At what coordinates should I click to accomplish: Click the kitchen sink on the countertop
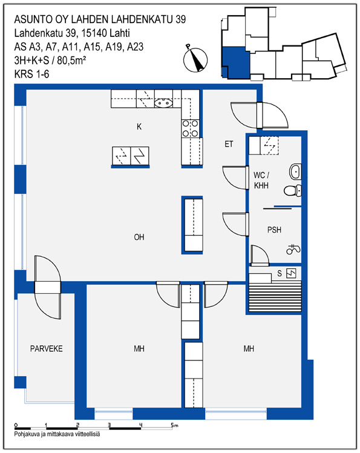pos(163,103)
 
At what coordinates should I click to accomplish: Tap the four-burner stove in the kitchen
pos(191,128)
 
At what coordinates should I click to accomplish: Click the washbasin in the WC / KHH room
pos(295,171)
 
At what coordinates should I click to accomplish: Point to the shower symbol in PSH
pos(293,250)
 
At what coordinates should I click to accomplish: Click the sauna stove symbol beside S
pos(291,273)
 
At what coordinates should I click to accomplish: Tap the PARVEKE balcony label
pos(47,349)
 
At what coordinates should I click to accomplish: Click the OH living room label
pos(139,237)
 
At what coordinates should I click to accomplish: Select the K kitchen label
pos(139,127)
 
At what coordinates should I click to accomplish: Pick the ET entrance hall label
pos(229,144)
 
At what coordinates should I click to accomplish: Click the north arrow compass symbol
pos(195,58)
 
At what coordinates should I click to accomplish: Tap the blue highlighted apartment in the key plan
pos(235,62)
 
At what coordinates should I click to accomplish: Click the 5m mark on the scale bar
pos(174,425)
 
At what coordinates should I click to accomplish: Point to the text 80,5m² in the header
pos(71,61)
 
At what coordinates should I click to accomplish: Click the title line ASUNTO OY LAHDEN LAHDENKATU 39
pos(100,19)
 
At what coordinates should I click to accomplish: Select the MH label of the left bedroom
pos(139,349)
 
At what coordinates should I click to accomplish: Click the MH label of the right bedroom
pos(249,349)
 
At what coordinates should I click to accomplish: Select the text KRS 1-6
pos(31,74)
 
